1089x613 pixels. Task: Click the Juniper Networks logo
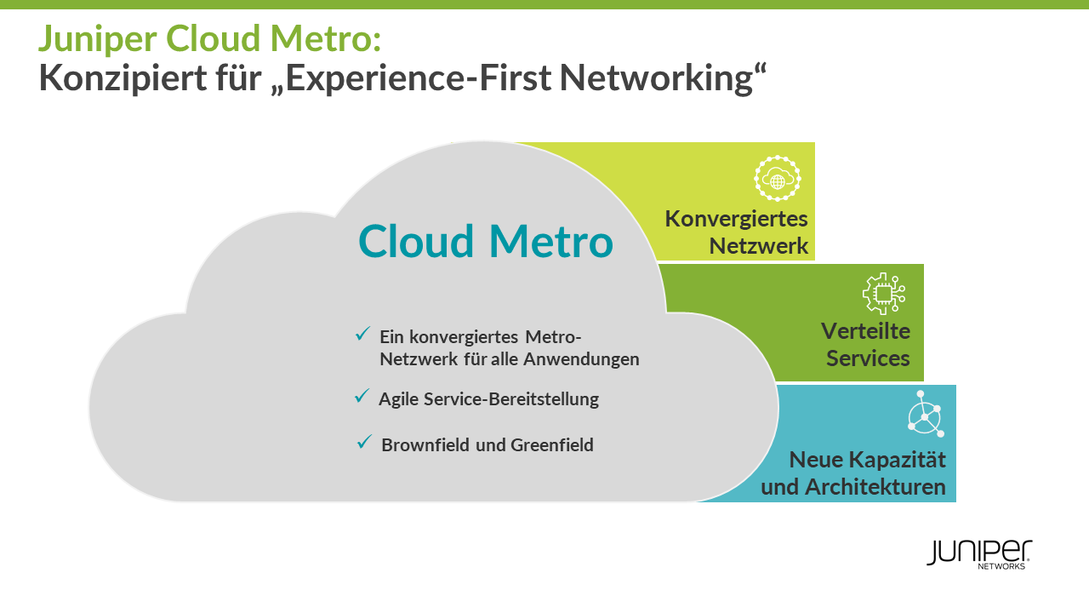point(979,553)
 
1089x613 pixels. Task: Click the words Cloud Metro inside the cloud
point(485,242)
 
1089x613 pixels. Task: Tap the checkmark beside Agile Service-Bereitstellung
point(362,397)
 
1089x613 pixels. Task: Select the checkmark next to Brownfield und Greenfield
point(365,442)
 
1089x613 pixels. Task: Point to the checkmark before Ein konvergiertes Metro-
point(363,334)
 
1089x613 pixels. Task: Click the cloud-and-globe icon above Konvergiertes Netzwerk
point(778,179)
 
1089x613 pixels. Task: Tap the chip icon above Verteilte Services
point(883,294)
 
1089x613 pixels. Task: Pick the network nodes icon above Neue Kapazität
point(925,415)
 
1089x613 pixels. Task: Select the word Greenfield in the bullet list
point(552,444)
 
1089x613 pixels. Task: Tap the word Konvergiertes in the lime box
point(736,219)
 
